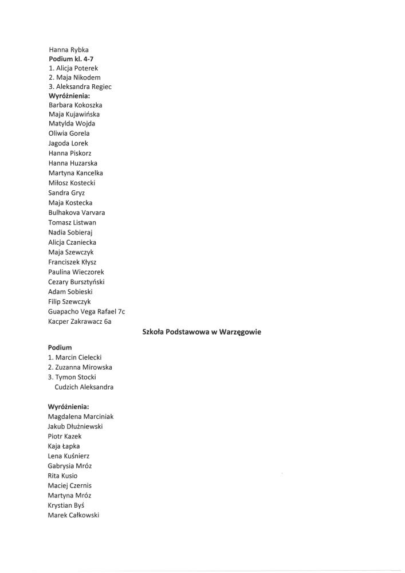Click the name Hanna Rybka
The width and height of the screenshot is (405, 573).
click(x=68, y=50)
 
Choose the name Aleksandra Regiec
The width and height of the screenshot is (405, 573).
click(x=80, y=87)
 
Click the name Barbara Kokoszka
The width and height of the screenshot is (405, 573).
click(x=76, y=105)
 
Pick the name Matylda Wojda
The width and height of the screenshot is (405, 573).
click(x=72, y=124)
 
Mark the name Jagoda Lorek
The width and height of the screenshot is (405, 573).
click(x=68, y=143)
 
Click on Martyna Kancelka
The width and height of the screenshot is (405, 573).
click(x=76, y=173)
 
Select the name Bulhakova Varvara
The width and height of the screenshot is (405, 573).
click(x=77, y=213)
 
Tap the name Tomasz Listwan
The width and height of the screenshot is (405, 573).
click(x=72, y=222)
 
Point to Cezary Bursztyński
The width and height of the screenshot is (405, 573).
click(x=76, y=282)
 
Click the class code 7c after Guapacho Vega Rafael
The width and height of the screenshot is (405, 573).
click(x=121, y=312)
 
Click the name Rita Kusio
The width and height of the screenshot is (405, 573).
click(x=62, y=476)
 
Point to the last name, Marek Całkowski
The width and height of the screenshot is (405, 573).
click(x=73, y=515)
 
